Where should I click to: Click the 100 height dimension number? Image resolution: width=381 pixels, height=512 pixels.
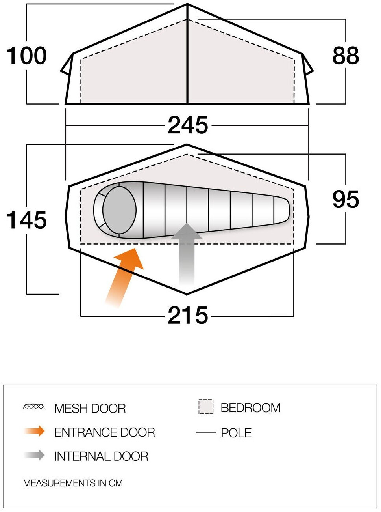click(27, 56)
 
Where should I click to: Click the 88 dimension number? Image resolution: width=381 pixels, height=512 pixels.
click(346, 56)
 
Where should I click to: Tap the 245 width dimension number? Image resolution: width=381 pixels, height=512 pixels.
click(188, 125)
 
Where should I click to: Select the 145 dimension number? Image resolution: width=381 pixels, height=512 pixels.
click(27, 220)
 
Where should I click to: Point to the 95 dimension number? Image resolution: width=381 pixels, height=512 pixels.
click(346, 199)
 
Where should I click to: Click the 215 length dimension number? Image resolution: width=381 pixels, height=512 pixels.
click(188, 316)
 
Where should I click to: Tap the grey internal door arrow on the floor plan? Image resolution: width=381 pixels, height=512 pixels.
click(187, 252)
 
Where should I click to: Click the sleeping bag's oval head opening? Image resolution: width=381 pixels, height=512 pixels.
click(119, 210)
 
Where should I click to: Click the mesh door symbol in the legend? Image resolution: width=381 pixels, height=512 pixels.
click(34, 407)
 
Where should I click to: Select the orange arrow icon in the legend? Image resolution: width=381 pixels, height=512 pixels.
click(35, 431)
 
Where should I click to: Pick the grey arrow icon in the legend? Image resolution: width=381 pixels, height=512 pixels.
click(35, 455)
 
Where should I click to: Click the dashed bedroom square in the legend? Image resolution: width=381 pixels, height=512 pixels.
click(206, 407)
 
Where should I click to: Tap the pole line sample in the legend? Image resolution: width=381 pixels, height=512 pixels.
click(206, 433)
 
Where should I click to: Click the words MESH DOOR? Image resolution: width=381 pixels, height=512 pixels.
click(90, 408)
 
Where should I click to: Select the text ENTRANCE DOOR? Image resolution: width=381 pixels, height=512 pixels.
click(105, 432)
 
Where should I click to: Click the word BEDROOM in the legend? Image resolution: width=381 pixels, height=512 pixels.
click(250, 407)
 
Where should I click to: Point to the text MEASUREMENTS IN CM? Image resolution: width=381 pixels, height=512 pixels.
click(73, 483)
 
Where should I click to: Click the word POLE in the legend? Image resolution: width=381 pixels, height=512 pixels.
click(236, 433)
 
